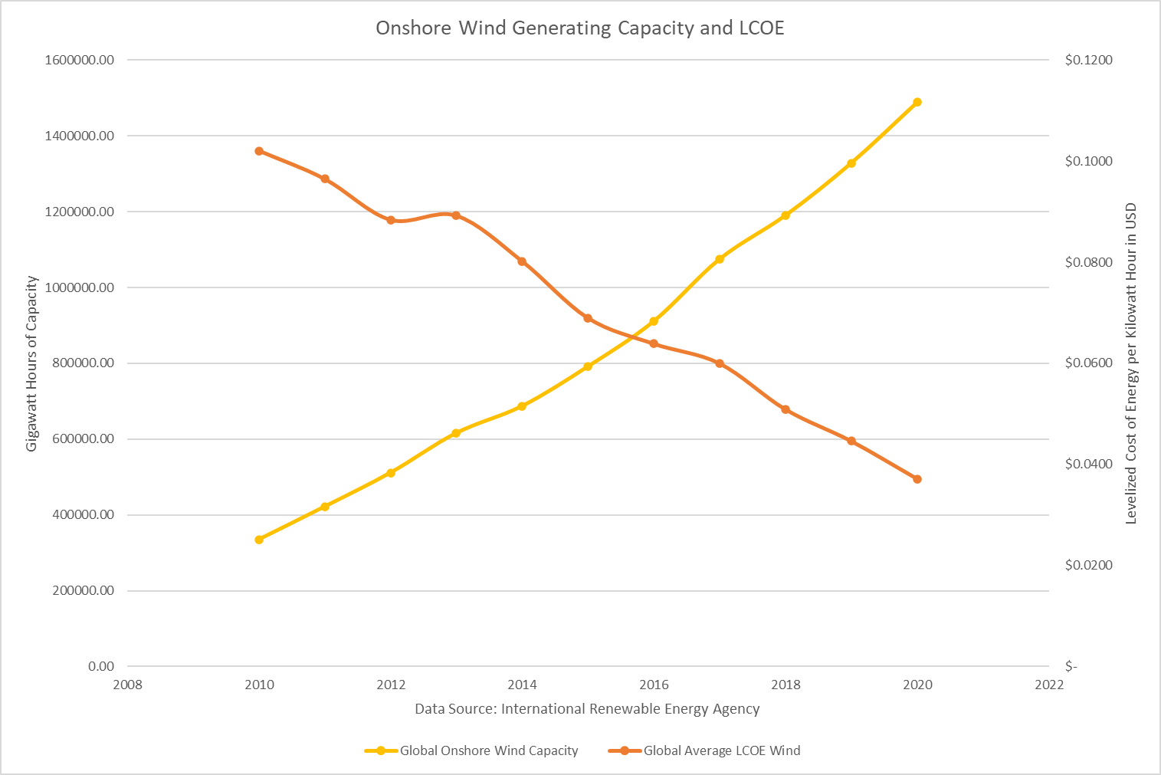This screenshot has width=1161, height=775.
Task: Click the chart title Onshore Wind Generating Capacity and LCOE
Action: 579,28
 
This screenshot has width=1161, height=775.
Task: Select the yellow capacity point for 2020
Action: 917,102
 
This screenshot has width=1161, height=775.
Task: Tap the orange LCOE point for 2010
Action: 259,151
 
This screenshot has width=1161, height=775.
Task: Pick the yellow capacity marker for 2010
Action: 259,540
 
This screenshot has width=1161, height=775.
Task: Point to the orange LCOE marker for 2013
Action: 456,215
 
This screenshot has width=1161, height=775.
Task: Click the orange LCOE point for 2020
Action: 917,479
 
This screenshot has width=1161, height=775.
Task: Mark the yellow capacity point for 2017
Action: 720,259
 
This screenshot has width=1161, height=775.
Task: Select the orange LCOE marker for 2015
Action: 588,318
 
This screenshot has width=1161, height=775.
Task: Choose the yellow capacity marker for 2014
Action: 522,406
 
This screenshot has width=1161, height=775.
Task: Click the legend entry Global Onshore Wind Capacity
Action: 488,750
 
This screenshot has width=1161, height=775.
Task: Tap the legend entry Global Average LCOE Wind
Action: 721,750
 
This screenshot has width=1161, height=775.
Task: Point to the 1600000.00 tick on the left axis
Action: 80,60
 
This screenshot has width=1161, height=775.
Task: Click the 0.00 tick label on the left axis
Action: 101,666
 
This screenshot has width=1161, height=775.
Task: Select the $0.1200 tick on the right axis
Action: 1088,60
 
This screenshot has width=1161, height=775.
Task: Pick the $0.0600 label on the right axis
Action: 1088,363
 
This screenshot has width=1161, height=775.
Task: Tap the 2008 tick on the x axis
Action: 128,685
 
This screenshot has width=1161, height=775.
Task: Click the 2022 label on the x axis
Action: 1048,685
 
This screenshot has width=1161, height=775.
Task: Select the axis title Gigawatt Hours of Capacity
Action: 32,363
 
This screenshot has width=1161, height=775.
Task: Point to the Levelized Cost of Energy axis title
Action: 1130,363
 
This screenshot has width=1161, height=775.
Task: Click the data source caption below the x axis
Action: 587,709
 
